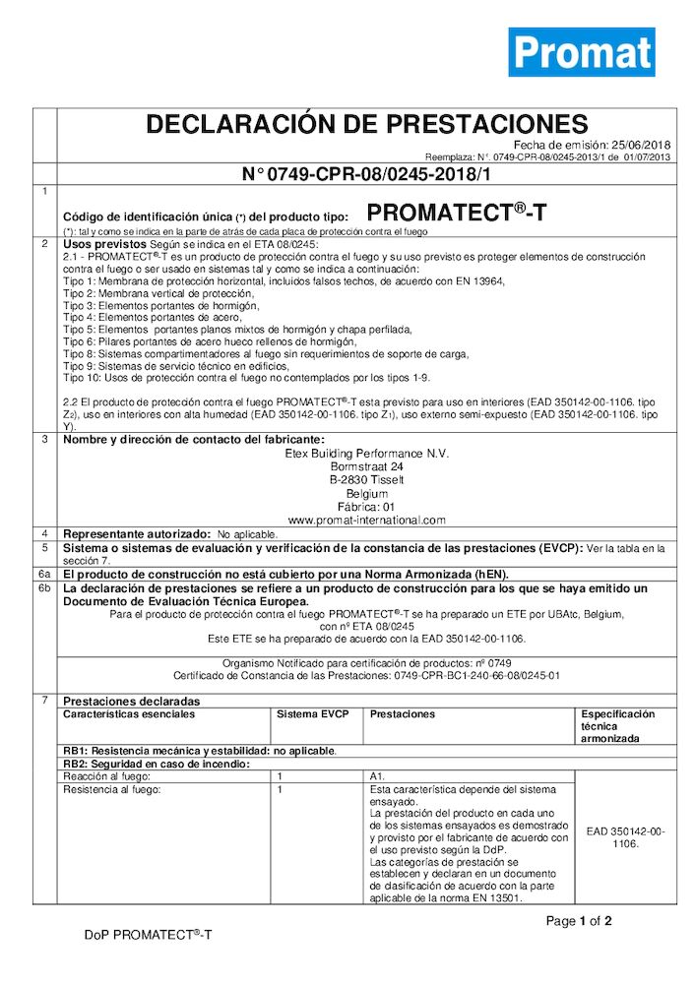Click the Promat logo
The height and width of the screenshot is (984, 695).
581,51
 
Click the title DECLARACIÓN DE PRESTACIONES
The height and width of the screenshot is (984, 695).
366,125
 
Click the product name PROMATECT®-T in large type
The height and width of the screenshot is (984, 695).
456,212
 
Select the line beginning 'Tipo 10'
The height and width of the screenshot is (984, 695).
246,377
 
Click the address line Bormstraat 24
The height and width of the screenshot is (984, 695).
366,465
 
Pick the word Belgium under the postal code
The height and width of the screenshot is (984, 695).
366,493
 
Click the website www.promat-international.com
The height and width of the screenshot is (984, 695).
366,520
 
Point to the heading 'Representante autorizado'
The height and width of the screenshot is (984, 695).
137,532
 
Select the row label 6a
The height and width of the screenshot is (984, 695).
44,572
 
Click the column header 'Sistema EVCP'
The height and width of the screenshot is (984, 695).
306,714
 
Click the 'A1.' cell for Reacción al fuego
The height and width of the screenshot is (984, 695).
377,776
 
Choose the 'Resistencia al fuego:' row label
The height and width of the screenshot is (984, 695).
111,789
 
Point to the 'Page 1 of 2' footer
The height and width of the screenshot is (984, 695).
579,922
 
